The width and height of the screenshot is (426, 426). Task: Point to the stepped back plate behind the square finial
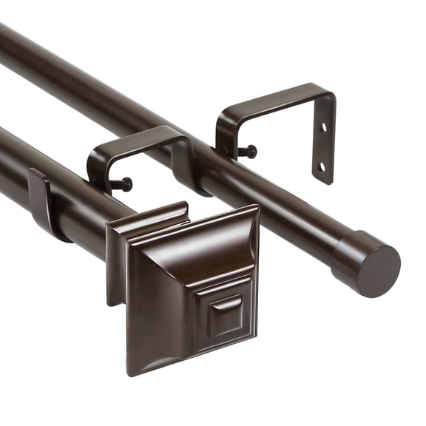tap(116, 259)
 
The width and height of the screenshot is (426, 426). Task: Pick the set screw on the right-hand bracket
tap(249, 152)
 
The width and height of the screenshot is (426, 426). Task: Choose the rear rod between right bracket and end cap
tap(296, 214)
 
